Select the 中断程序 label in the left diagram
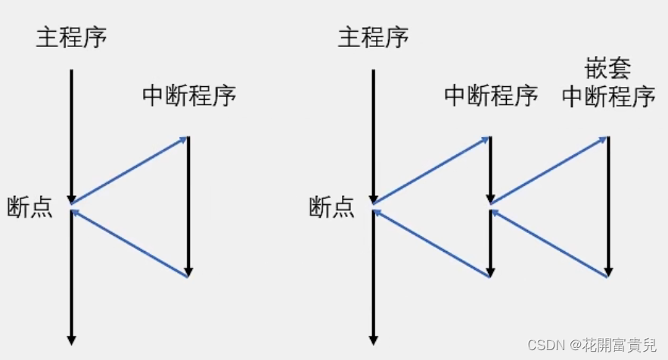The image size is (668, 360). click(x=189, y=97)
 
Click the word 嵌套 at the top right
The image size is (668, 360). click(x=607, y=70)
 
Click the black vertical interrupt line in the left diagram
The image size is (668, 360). click(x=188, y=204)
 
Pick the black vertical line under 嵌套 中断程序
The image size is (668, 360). click(x=608, y=204)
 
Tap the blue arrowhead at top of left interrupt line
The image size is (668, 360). click(x=183, y=138)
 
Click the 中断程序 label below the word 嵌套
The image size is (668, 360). click(x=608, y=97)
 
